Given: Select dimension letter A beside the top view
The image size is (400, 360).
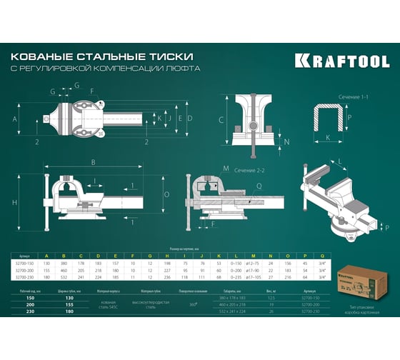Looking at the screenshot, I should point(16,115).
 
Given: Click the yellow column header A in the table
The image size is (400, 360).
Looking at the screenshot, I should point(46,255).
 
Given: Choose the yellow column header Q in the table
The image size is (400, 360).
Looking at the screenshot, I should point(324,255).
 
